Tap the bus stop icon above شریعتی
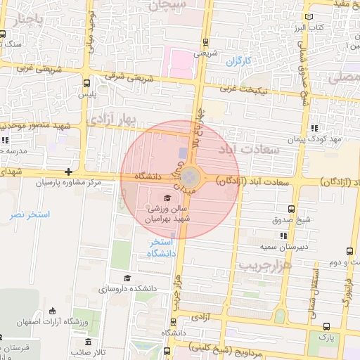click(205, 42)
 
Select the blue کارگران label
click(240, 61)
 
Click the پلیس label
click(87, 94)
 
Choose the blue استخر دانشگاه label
click(161, 248)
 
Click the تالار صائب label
click(92, 352)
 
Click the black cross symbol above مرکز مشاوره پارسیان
click(68, 172)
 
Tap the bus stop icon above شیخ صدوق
click(292, 209)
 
